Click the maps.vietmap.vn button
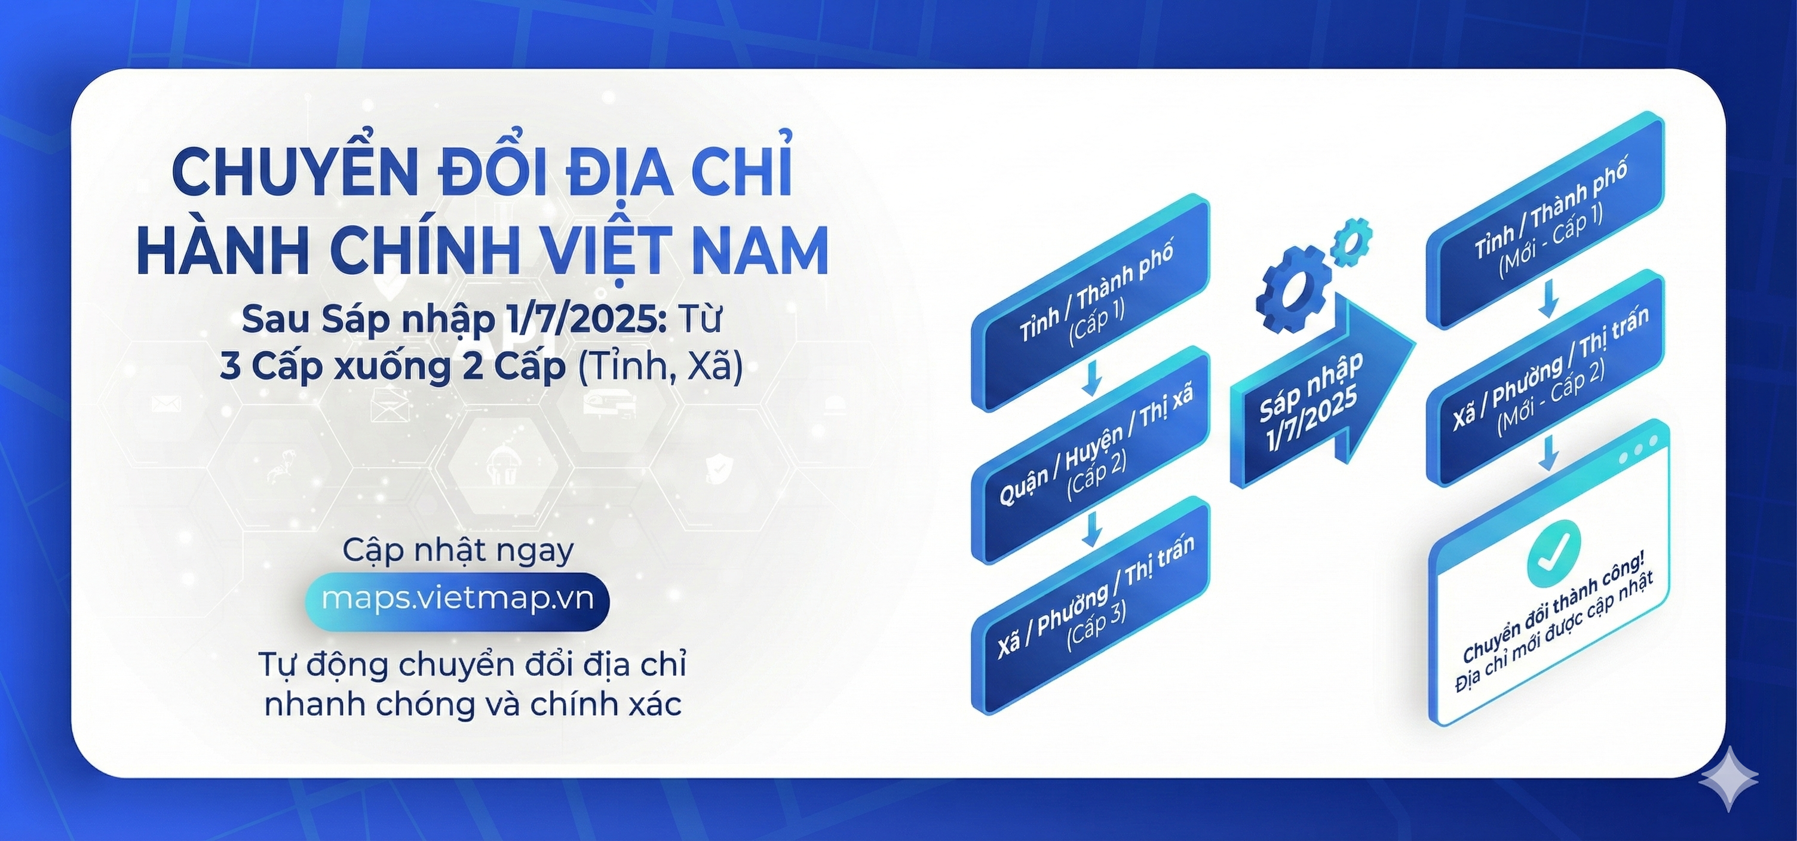pos(457,601)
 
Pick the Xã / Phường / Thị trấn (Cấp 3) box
pos(1090,605)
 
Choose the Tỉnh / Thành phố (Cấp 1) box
pos(1090,302)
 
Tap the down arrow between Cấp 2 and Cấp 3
pos(1091,529)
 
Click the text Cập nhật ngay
pos(458,550)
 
